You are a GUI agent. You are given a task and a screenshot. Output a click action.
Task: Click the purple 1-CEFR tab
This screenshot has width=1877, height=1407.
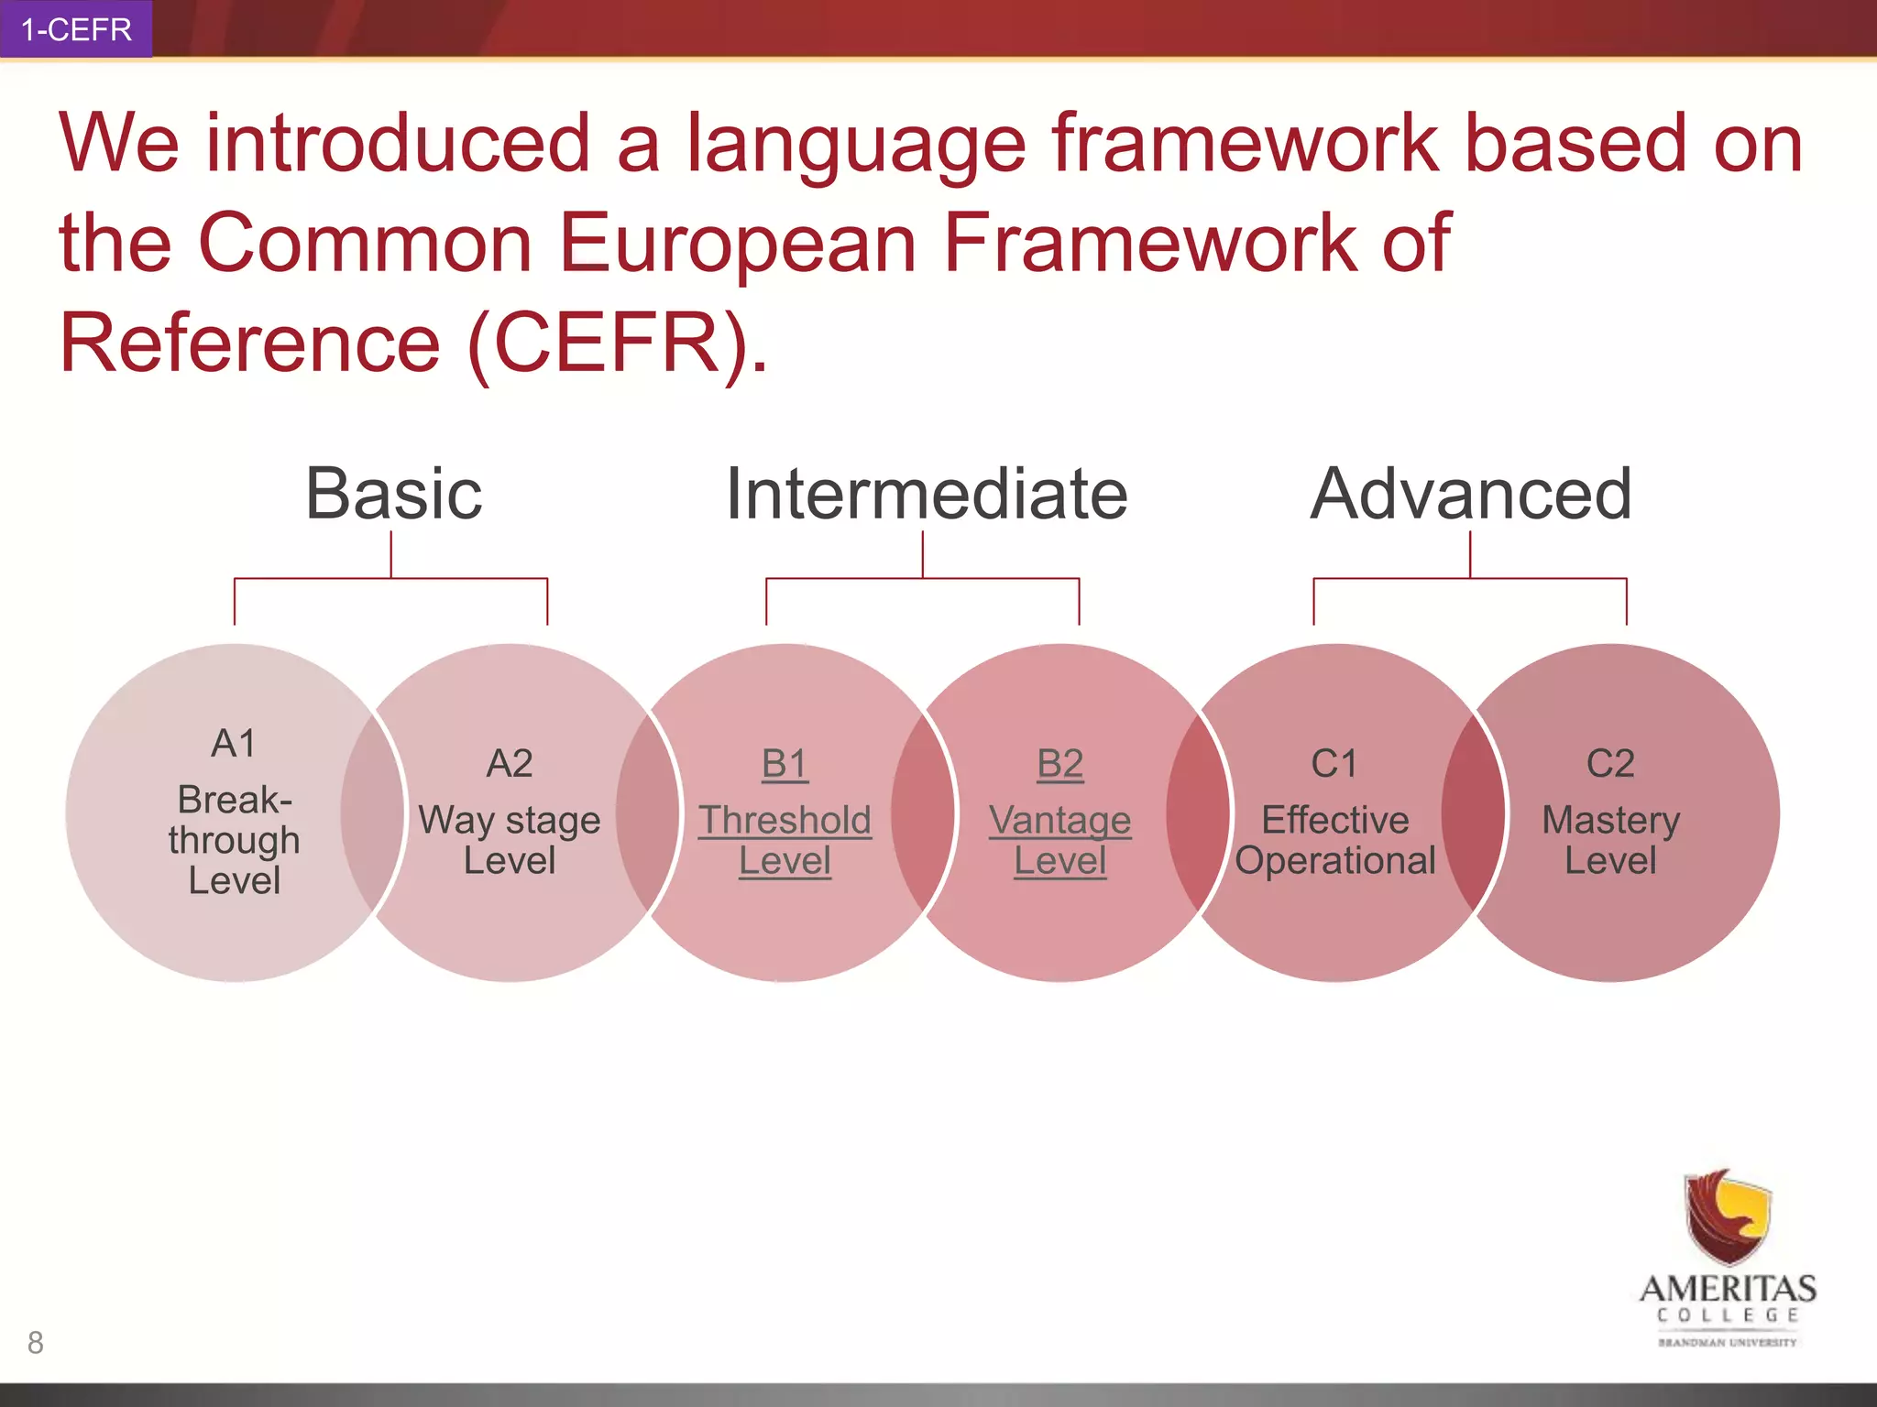76,29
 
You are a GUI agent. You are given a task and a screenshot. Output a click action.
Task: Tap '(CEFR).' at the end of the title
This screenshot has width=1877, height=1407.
617,344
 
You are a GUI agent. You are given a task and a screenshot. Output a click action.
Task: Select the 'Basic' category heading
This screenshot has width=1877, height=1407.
393,495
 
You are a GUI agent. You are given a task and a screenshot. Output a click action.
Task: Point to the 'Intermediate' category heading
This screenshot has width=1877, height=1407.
926,495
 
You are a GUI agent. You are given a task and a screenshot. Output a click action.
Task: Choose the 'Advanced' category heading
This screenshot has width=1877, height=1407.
1470,495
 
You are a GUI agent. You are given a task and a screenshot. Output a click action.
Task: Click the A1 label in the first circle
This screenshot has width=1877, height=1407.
234,743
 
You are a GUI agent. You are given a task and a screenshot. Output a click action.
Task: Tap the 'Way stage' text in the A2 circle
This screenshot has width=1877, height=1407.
509,820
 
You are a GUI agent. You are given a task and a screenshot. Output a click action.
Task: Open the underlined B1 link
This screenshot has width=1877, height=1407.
785,763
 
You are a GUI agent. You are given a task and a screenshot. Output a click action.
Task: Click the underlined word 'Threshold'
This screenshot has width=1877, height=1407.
785,820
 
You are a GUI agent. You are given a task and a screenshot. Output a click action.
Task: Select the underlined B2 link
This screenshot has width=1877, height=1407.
1059,763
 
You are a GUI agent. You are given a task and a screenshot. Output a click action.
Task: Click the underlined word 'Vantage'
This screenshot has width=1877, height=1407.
1059,820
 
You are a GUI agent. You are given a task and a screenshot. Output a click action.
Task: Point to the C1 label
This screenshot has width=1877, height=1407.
1334,763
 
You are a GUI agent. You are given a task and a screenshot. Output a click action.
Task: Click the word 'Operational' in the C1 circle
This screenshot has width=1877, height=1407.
1334,861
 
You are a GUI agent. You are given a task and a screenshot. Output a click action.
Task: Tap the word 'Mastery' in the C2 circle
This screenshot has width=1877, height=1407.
1610,820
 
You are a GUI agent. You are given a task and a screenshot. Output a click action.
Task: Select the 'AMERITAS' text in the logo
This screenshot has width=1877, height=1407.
1728,1289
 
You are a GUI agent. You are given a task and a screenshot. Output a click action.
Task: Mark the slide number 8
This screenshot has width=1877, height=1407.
36,1342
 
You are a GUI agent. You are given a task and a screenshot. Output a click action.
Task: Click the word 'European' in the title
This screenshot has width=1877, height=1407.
737,244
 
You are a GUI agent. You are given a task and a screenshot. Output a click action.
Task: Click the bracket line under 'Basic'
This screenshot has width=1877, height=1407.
391,578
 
